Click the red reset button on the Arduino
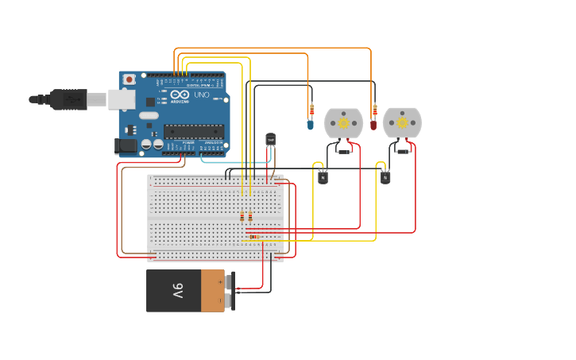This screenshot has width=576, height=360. (130, 79)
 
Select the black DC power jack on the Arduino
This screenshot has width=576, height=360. (125, 145)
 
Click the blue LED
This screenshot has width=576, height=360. (310, 124)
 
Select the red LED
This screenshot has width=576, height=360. (373, 124)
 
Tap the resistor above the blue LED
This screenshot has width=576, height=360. (311, 109)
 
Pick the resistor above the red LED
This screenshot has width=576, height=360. (374, 109)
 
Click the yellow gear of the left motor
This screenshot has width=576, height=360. (343, 123)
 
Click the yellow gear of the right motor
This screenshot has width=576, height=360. (402, 123)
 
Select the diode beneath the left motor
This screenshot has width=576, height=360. (343, 151)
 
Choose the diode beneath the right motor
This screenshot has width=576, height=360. (402, 151)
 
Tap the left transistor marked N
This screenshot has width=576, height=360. (323, 177)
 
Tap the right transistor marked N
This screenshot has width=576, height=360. (385, 177)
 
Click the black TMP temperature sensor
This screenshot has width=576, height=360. (271, 140)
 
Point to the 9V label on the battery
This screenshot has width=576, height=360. (178, 290)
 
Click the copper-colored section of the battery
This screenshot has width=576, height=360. (212, 291)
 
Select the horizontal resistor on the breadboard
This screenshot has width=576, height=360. (253, 236)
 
